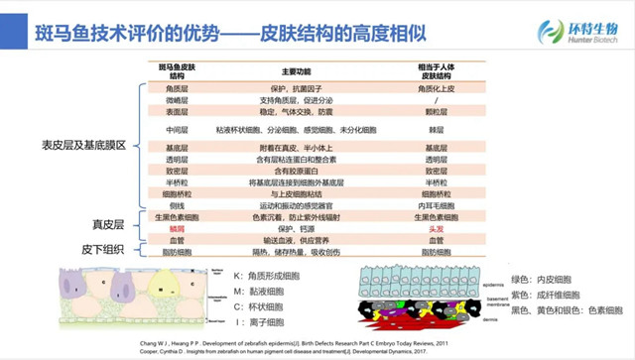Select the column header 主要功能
tap(297, 71)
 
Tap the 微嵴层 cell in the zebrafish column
tap(178, 100)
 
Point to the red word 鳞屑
tap(178, 227)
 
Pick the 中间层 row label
tap(178, 130)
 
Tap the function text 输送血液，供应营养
tap(297, 239)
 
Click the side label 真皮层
tap(106, 225)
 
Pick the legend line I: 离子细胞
tap(271, 322)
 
